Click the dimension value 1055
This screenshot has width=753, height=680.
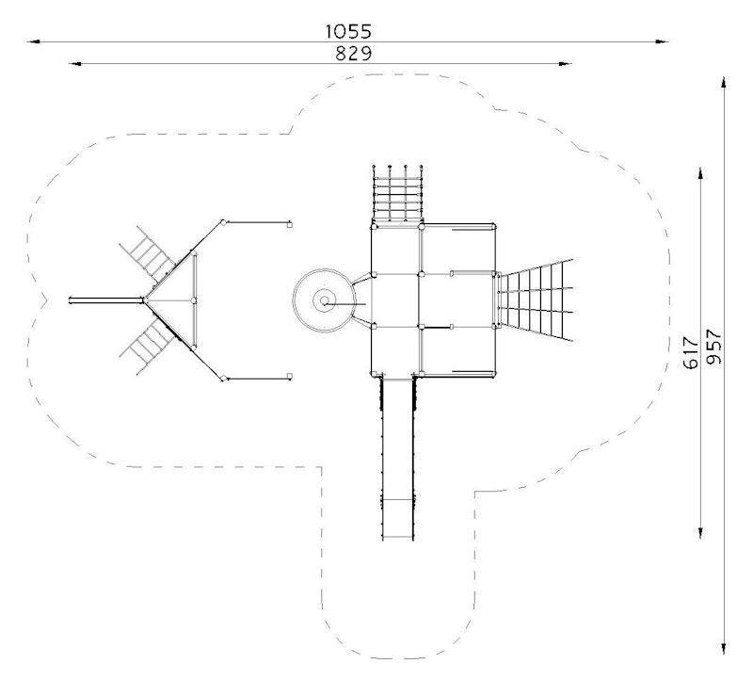coord(348,32)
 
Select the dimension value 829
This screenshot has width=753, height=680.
coord(354,54)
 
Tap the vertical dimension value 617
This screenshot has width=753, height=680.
coord(691,353)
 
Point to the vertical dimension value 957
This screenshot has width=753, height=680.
coord(713,346)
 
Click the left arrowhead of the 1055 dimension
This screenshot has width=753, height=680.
coord(34,41)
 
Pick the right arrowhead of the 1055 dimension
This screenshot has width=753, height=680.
coord(663,41)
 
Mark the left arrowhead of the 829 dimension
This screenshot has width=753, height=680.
coord(75,63)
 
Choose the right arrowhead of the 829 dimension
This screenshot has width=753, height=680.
coord(566,63)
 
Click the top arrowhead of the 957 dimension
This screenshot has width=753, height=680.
coord(724,82)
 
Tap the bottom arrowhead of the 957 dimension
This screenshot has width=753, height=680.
coord(724,647)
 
